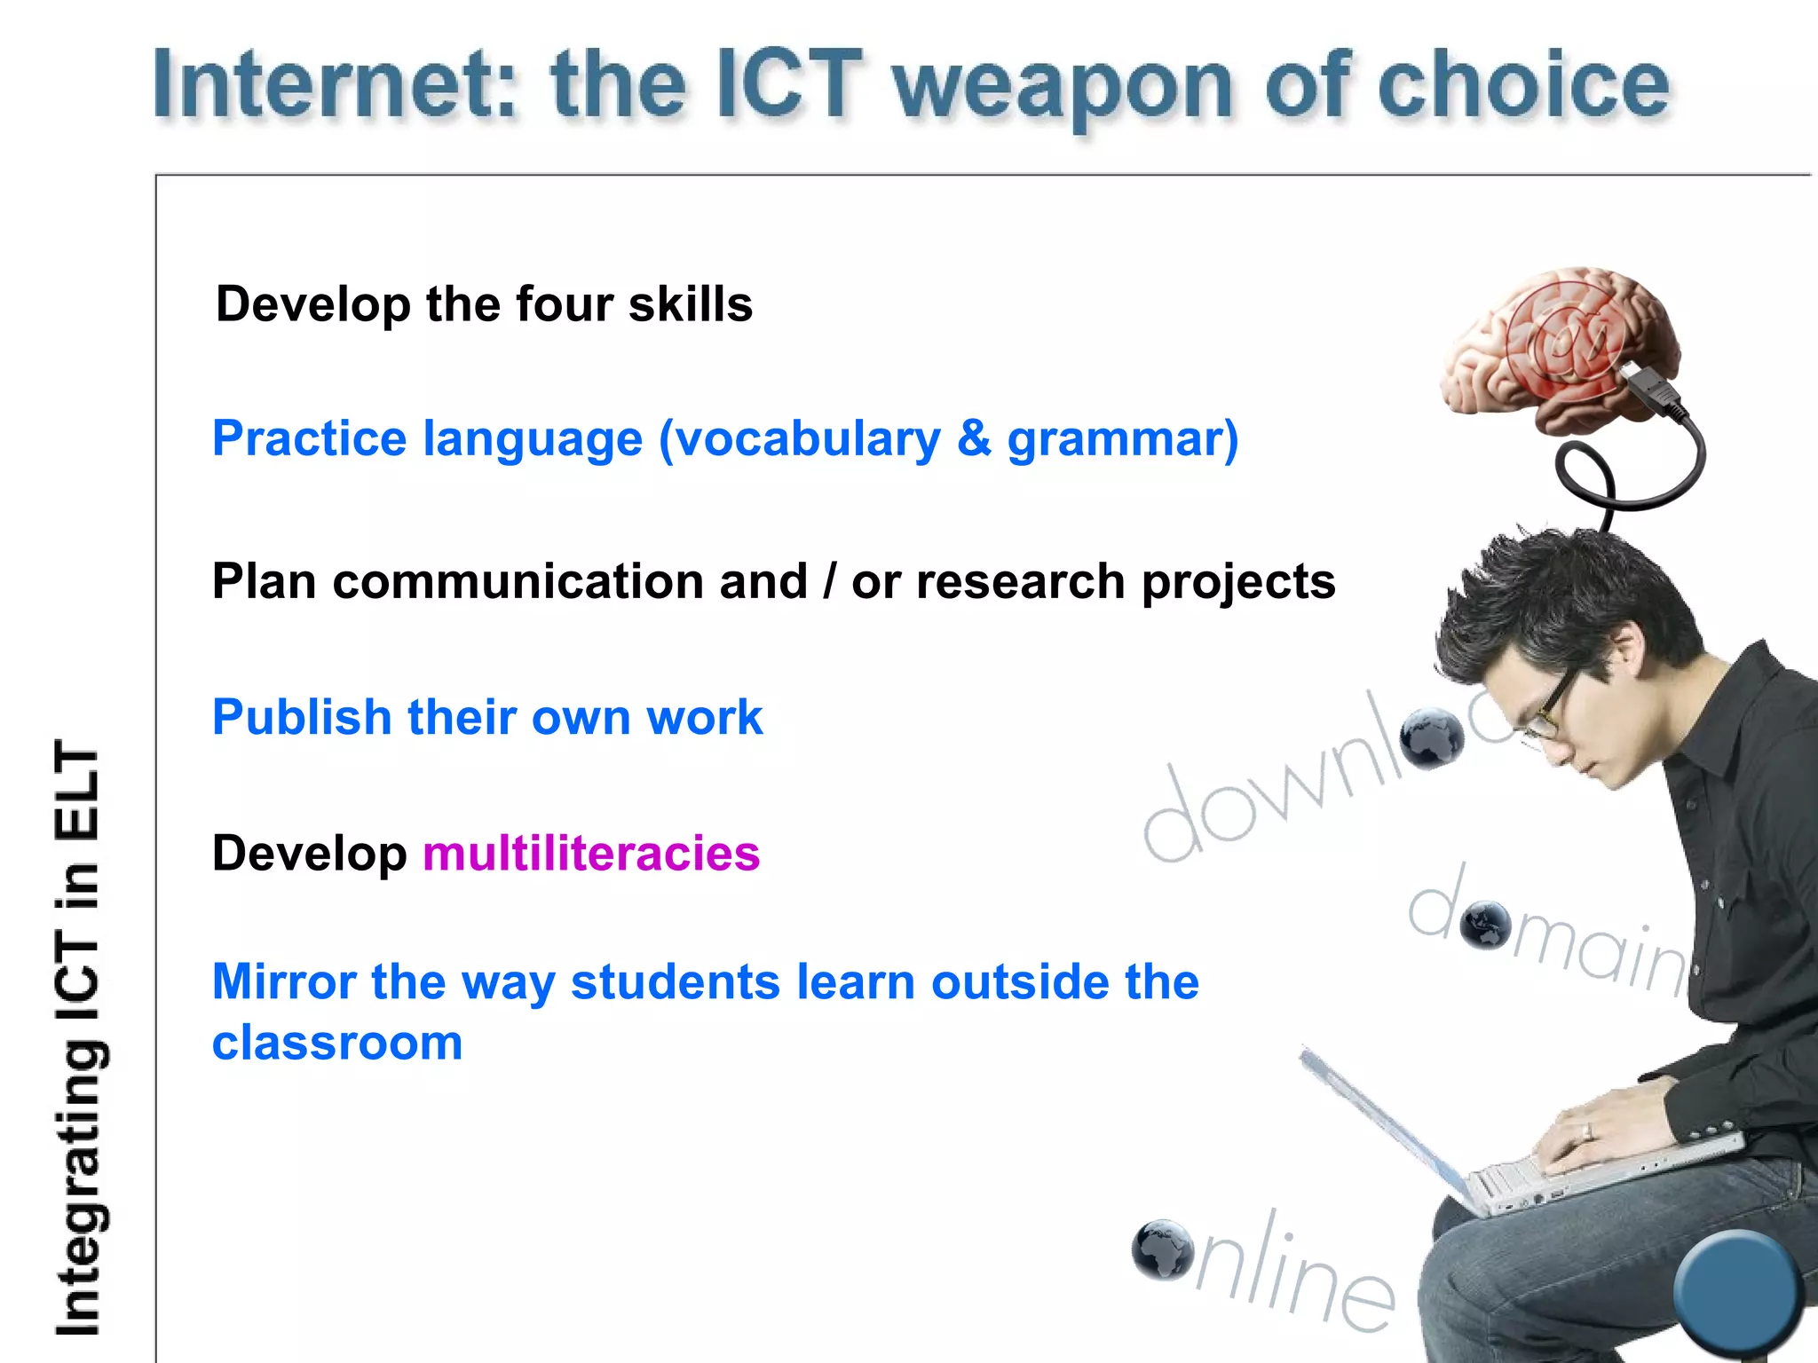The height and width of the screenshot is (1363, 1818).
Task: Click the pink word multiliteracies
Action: pyautogui.click(x=591, y=854)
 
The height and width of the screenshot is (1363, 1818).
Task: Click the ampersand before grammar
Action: pyautogui.click(x=974, y=438)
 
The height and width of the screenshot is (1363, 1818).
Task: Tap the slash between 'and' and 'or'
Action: pyautogui.click(x=829, y=582)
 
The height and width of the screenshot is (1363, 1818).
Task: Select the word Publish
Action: pyautogui.click(x=302, y=717)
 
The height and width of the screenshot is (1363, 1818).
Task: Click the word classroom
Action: pyautogui.click(x=337, y=1043)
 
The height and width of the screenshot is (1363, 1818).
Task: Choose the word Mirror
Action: pyautogui.click(x=284, y=982)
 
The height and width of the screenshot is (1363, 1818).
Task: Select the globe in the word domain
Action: pyautogui.click(x=1485, y=926)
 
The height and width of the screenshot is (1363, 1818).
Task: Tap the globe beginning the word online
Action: pyautogui.click(x=1163, y=1249)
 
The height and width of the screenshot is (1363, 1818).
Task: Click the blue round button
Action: pyautogui.click(x=1735, y=1291)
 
